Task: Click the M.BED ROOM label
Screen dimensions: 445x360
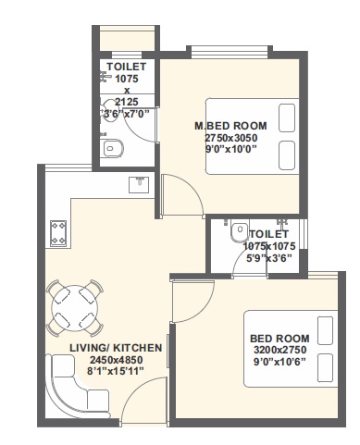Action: point(230,126)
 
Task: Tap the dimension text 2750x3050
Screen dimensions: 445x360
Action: point(230,138)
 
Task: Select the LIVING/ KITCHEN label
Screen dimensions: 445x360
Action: point(116,347)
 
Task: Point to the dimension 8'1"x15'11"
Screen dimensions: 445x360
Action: point(116,371)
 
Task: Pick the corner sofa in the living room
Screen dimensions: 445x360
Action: point(74,388)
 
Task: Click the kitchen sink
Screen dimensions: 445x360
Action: point(138,184)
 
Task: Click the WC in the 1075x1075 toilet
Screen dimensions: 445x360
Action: point(238,230)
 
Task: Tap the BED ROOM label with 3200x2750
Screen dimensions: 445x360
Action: point(279,340)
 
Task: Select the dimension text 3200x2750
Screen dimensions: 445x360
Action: point(279,352)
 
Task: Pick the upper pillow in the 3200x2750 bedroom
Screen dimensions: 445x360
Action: point(324,328)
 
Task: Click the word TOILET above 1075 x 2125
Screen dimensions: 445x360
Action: point(127,68)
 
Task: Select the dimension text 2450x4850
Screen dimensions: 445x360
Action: point(116,359)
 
